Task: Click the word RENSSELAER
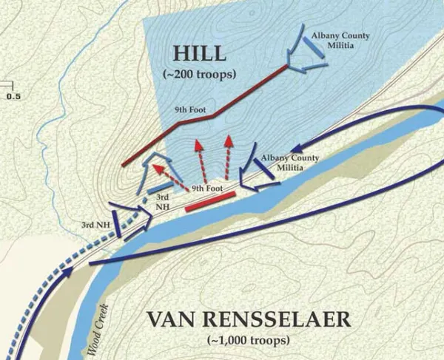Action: [283, 320]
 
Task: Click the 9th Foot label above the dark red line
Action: [190, 109]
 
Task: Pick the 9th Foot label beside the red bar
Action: [207, 189]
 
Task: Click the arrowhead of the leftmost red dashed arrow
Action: [155, 168]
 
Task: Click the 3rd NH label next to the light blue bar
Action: [163, 202]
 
